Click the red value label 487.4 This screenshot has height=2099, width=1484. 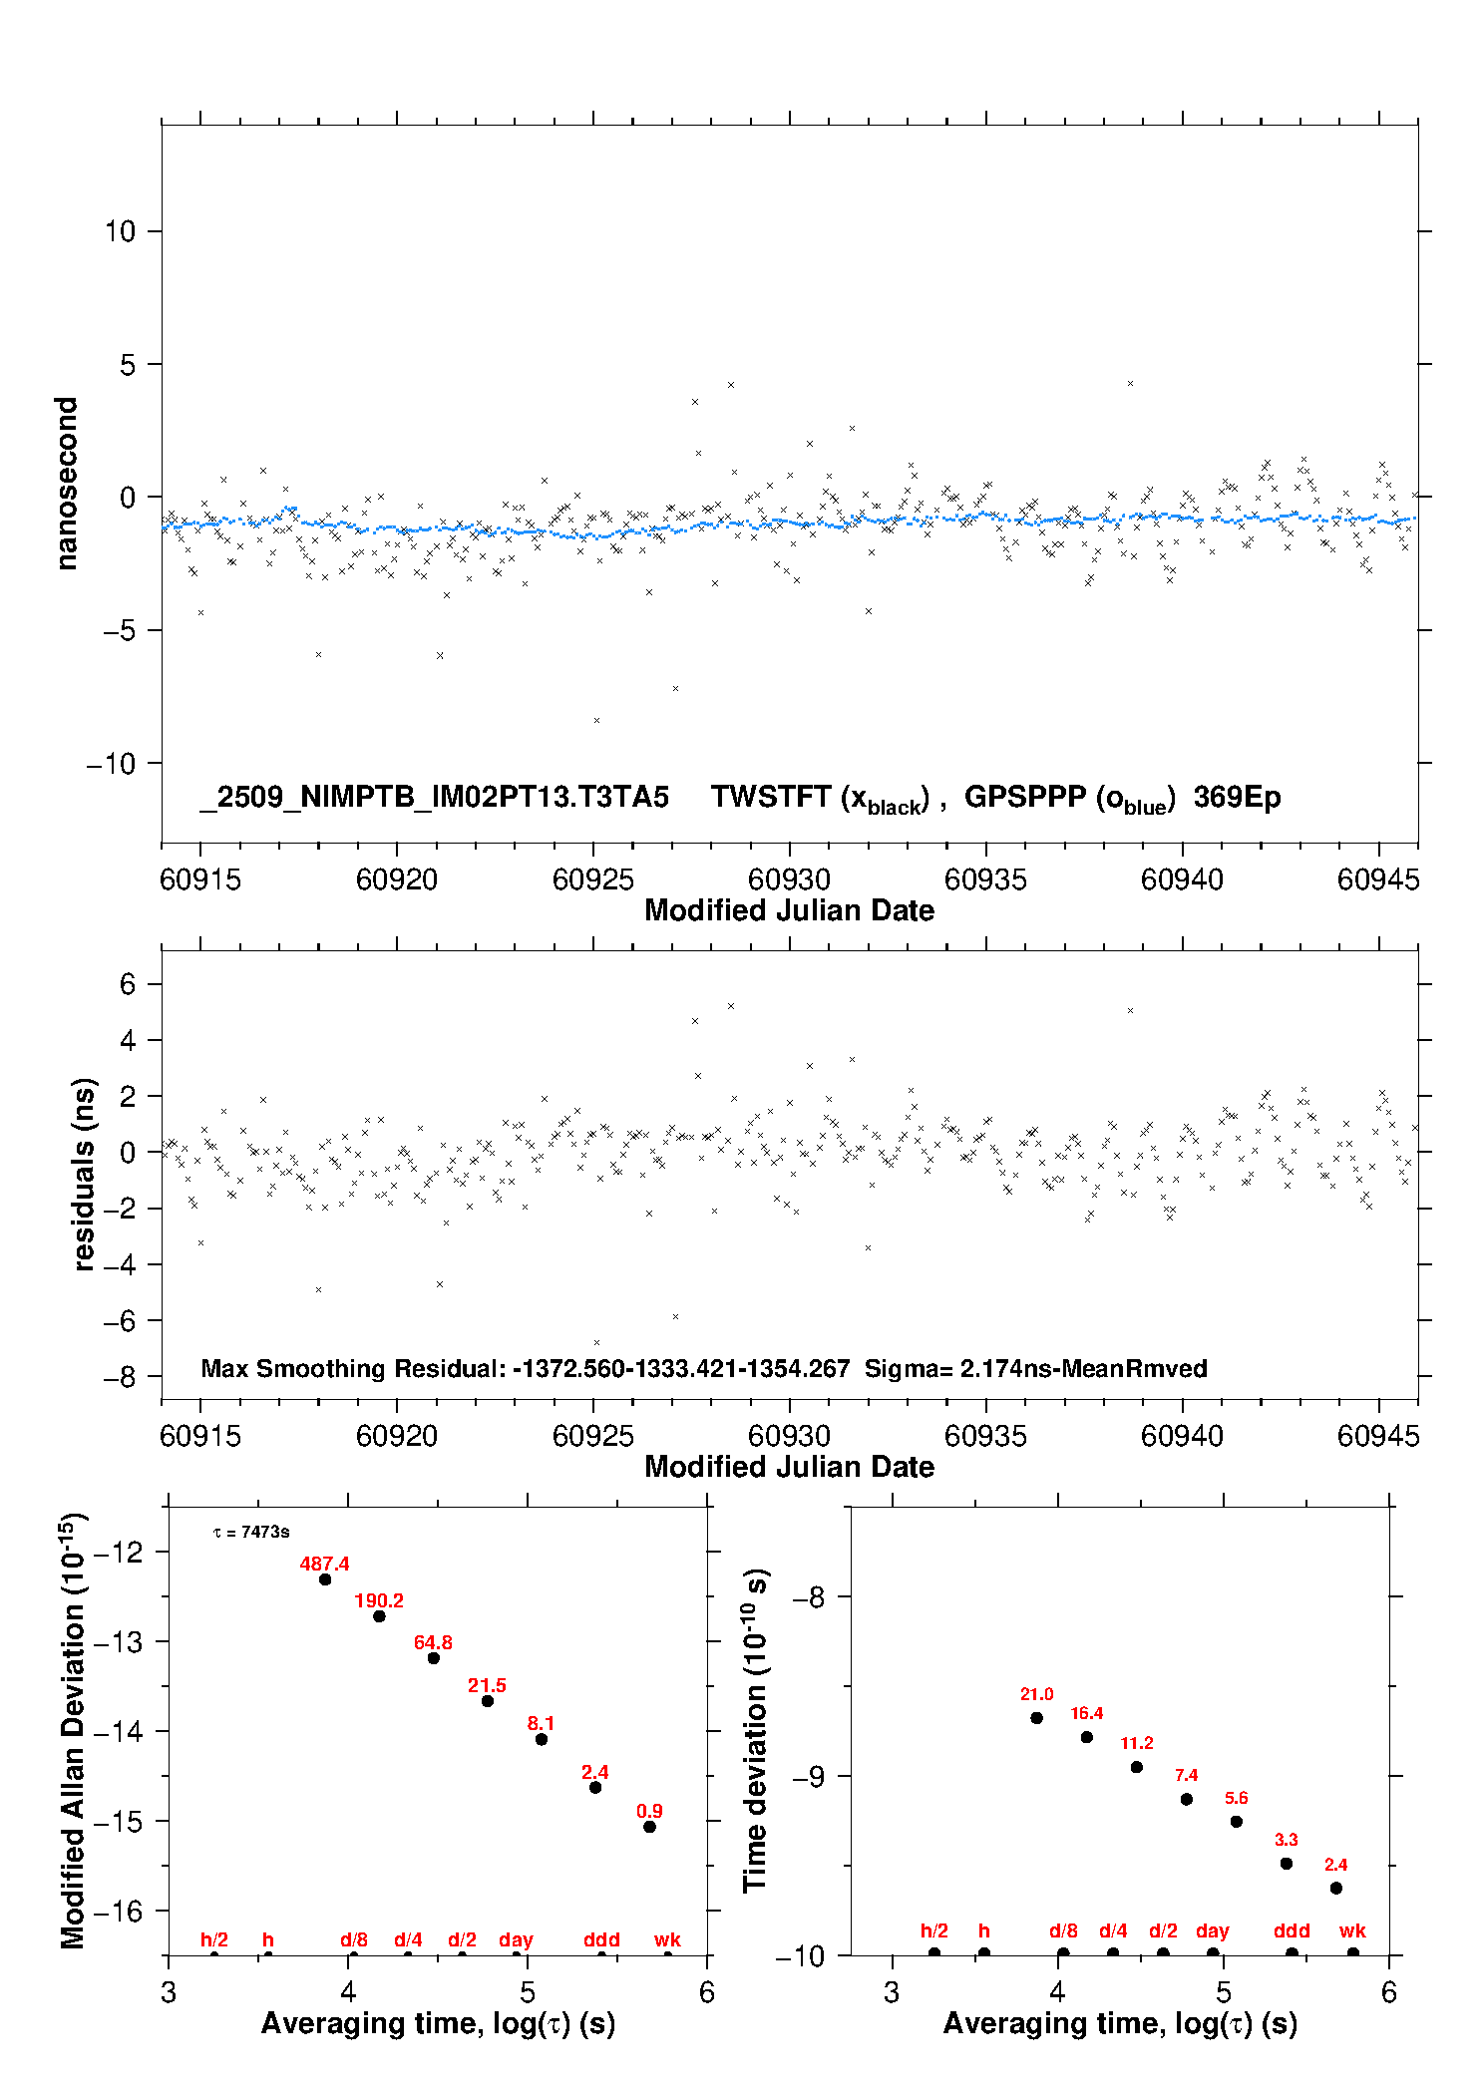324,1564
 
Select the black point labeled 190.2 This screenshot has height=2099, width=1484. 379,1615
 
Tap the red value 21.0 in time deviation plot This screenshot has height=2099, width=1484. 1036,1694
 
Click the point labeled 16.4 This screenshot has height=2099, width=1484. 1087,1737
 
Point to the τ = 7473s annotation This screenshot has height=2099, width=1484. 251,1532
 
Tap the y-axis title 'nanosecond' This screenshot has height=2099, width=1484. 67,484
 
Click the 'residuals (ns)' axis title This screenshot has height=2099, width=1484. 85,1174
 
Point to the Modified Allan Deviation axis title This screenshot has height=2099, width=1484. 73,1730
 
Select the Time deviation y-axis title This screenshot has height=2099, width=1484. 755,1730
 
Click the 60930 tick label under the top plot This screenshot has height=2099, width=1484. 789,879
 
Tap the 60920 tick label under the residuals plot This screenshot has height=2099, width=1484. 397,1436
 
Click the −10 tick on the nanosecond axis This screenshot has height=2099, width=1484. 111,764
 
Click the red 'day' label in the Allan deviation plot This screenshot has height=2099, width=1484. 516,1939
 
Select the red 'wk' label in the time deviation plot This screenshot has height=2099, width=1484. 1352,1930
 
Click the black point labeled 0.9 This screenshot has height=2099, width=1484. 649,1827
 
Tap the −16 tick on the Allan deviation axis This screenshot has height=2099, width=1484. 119,1911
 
